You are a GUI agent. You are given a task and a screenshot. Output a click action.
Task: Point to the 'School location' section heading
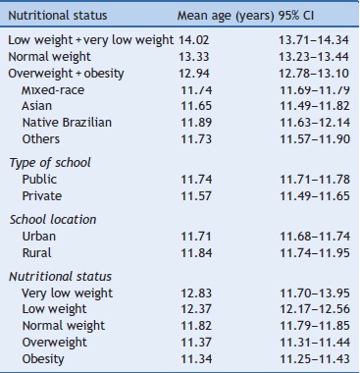pyautogui.click(x=50, y=219)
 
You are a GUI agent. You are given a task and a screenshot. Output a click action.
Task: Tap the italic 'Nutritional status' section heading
pyautogui.click(x=58, y=279)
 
